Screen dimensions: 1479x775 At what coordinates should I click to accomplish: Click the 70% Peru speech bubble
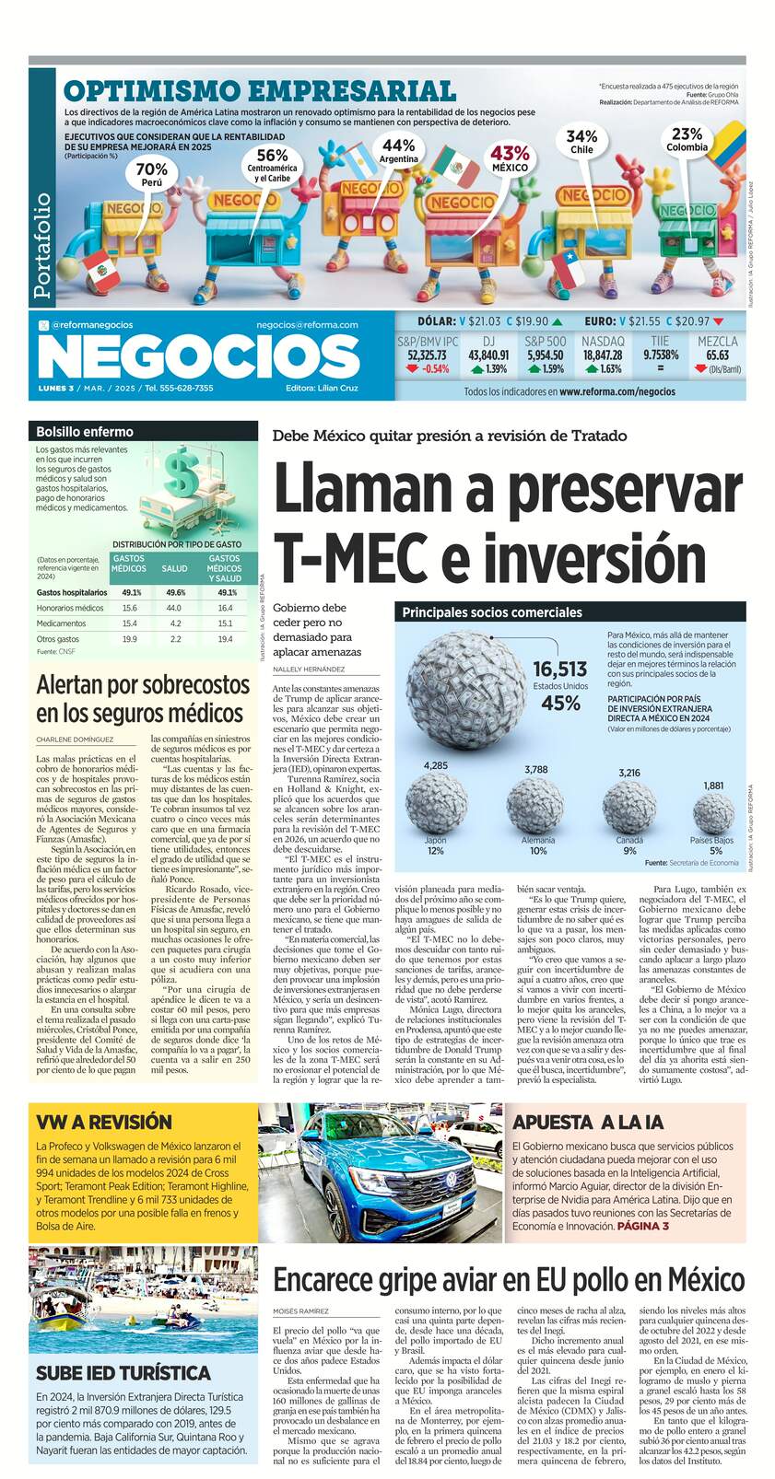coord(152,173)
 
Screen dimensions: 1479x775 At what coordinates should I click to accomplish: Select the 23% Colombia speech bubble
coord(687,139)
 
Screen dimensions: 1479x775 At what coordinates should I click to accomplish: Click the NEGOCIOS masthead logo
coord(198,355)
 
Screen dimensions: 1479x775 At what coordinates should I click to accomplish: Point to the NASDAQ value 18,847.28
coord(603,355)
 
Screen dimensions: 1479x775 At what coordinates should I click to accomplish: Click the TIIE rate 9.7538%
coord(661,355)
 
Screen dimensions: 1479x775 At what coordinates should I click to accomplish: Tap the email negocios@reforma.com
coord(307,324)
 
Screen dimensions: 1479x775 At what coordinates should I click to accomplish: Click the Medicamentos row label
coord(62,623)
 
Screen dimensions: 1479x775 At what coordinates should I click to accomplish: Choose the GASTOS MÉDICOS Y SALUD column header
coord(225,568)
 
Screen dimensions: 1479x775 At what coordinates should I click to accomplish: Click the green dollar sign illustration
coord(181,473)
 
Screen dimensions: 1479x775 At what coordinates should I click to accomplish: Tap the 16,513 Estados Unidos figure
coord(560,670)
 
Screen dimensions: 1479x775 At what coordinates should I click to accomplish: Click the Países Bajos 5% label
coord(712,845)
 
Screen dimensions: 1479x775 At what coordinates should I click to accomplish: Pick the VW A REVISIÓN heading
coord(104,1121)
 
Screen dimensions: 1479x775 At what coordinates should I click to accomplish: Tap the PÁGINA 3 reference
coord(642,1226)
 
